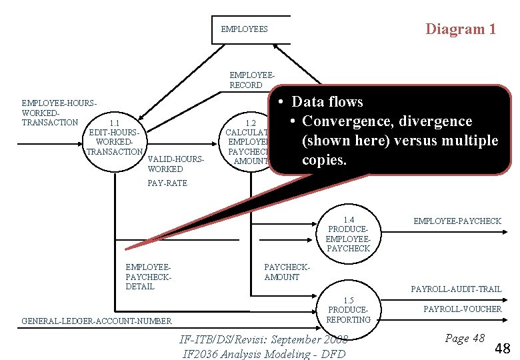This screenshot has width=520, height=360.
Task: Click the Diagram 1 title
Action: click(461, 29)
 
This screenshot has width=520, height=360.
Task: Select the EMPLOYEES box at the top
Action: click(251, 29)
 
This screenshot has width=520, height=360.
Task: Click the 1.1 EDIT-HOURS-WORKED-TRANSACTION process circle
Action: click(115, 142)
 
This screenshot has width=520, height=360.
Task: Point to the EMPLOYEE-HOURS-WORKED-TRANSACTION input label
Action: click(59, 113)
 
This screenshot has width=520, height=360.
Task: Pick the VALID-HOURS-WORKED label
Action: click(175, 164)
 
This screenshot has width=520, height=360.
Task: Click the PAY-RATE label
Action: click(167, 183)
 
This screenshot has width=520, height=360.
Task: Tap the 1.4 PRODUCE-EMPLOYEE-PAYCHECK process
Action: click(348, 234)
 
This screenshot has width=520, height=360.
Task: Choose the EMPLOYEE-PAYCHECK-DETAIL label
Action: click(149, 277)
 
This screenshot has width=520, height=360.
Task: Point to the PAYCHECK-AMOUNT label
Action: click(287, 272)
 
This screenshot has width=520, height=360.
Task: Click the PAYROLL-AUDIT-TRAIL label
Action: click(456, 289)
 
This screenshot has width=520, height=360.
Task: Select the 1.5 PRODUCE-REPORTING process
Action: click(348, 311)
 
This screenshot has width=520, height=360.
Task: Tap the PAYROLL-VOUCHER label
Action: click(462, 309)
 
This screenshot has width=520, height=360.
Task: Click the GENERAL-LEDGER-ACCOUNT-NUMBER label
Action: click(97, 321)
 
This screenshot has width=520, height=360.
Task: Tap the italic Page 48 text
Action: click(465, 338)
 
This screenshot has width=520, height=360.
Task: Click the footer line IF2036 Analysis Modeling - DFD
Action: click(264, 353)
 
